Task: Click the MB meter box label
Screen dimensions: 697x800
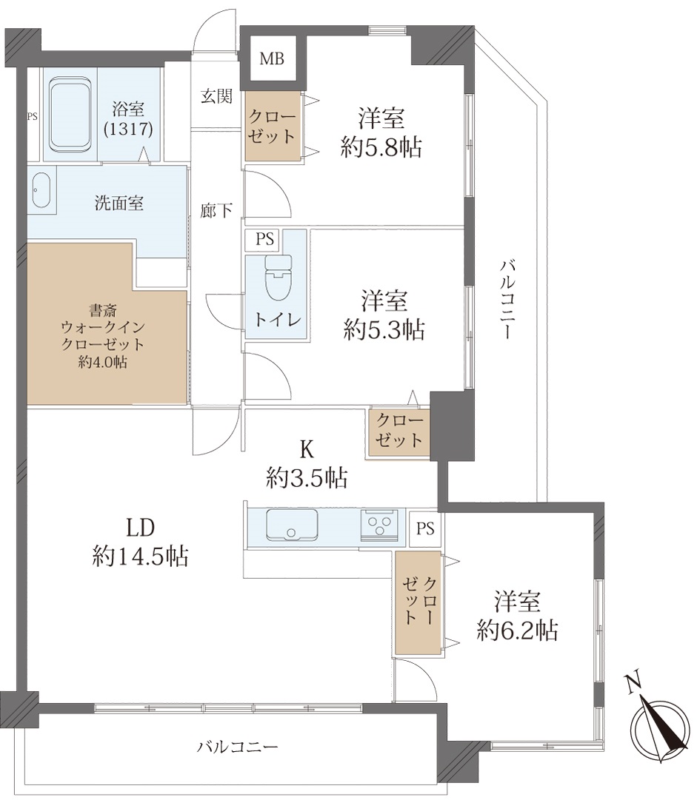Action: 272,59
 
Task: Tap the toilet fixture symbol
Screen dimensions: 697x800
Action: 278,278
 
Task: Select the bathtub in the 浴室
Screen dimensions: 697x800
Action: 70,115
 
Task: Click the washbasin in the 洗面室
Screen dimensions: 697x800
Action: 41,189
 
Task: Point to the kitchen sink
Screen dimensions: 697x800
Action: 292,525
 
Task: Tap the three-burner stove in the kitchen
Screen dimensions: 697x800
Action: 379,525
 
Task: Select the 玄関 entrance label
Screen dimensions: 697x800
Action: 216,96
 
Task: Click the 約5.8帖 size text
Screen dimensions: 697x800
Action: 381,148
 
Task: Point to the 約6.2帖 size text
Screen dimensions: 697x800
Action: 517,631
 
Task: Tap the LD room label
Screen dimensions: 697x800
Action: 141,528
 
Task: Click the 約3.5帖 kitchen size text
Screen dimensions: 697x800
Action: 307,478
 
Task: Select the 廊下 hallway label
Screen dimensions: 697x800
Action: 216,210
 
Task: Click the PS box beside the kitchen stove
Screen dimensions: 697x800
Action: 425,528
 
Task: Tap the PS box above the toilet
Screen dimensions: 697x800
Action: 264,239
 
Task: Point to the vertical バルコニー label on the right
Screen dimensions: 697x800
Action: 508,299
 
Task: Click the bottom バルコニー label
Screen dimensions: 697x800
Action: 238,747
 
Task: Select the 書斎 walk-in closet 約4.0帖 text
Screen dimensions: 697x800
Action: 103,337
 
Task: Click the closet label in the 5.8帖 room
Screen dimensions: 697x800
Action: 272,127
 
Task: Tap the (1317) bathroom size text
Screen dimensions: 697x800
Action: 128,129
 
